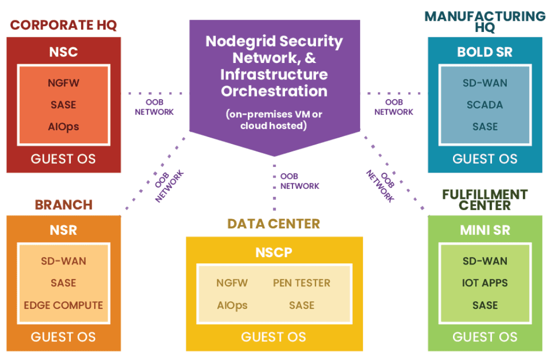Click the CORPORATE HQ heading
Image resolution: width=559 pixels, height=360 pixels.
click(63, 25)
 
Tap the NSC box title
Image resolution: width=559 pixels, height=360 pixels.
click(63, 52)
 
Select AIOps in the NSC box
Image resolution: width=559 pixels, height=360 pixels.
click(63, 127)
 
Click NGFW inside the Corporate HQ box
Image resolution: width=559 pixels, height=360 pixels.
click(63, 83)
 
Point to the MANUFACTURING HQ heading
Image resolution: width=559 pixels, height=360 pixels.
click(484, 21)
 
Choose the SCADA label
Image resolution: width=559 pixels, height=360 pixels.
click(484, 105)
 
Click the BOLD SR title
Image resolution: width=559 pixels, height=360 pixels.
click(484, 52)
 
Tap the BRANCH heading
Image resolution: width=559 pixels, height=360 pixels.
click(63, 205)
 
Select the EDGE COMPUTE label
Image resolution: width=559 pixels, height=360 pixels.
click(63, 306)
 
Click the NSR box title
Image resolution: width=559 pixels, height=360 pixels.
click(63, 230)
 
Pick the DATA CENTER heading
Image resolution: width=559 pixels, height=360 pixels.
click(273, 223)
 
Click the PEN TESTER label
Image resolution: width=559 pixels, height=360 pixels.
click(302, 283)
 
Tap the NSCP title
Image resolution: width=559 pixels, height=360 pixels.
click(274, 252)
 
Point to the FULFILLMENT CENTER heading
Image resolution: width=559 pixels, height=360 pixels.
click(484, 199)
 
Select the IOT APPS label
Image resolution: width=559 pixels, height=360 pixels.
click(484, 283)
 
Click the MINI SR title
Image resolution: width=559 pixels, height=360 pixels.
click(484, 230)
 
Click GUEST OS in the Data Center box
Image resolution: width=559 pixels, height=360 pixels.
click(273, 337)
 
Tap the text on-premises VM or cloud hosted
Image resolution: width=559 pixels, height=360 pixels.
click(273, 120)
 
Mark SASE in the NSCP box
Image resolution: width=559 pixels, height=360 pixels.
click(302, 306)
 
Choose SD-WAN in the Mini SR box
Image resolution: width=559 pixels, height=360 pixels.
click(484, 261)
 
